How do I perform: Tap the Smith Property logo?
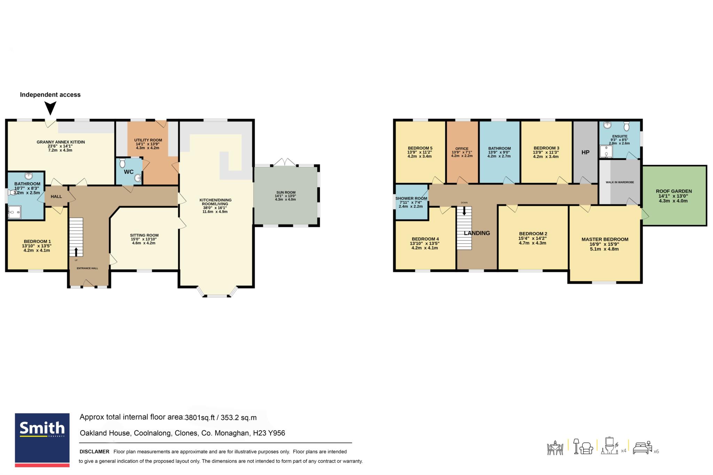[x=42, y=440]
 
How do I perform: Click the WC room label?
[x=128, y=172]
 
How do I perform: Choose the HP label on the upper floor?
[x=585, y=152]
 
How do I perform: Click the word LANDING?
[x=477, y=233]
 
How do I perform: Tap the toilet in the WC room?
[x=122, y=163]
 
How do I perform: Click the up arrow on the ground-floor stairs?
[x=76, y=252]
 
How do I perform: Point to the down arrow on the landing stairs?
[x=464, y=211]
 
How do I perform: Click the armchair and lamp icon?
[x=583, y=446]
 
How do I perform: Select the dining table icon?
[x=555, y=448]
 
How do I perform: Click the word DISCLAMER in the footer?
[x=94, y=452]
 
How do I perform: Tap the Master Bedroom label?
[x=605, y=239]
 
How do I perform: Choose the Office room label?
[x=462, y=149]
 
